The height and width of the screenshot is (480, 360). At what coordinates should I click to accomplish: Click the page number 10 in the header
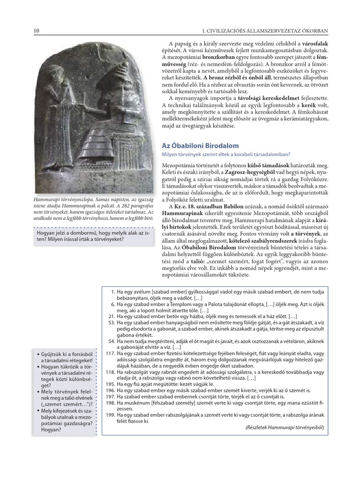click(x=36, y=31)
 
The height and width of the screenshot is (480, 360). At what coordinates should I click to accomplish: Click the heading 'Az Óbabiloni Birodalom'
click(x=200, y=146)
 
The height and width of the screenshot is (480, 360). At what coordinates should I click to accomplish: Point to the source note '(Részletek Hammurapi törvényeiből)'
click(x=285, y=427)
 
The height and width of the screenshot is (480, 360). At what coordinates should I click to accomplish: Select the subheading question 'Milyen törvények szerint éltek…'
click(x=226, y=154)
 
